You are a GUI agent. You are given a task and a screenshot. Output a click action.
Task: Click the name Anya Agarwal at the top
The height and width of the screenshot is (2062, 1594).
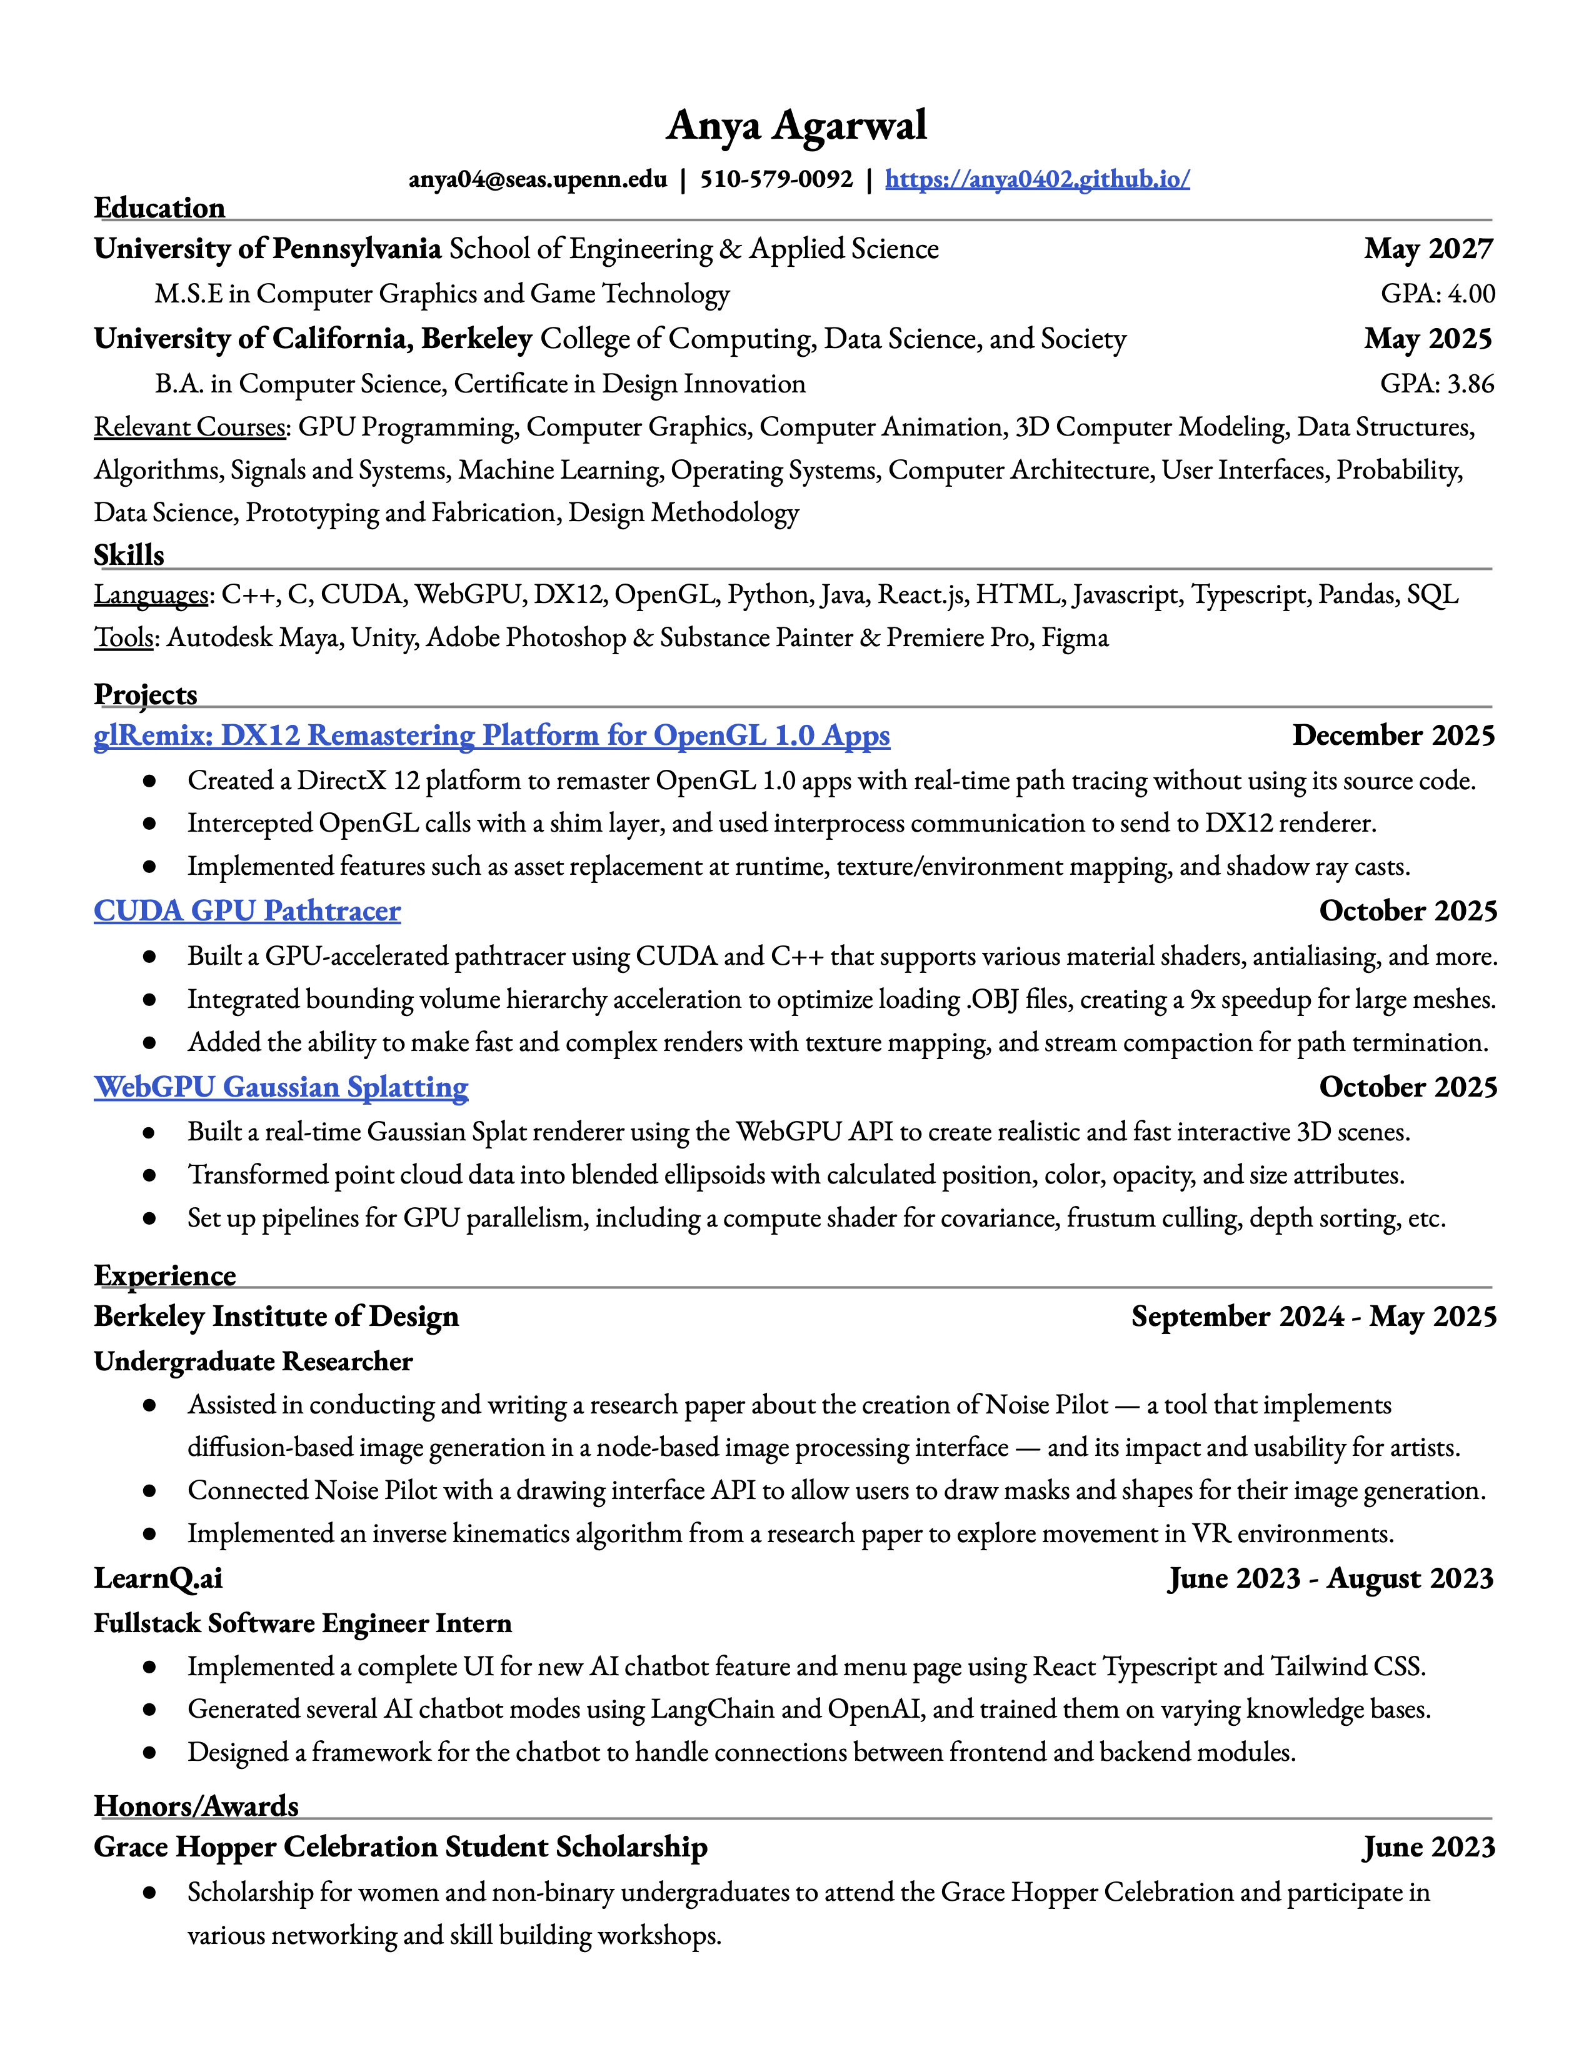coord(796,126)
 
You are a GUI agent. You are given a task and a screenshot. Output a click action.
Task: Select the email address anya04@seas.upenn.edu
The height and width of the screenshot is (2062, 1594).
coord(538,179)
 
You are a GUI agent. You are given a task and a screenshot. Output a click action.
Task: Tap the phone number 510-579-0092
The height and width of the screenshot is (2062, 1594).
coord(776,179)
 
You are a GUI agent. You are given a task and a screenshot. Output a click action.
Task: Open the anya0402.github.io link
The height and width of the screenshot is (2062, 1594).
coord(1037,179)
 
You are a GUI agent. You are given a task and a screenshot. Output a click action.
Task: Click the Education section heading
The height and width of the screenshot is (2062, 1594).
coord(159,207)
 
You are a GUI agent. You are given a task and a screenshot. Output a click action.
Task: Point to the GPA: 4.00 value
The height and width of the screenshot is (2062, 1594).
coord(1437,294)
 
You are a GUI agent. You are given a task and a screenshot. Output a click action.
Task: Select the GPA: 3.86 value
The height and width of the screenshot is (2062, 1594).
coord(1437,383)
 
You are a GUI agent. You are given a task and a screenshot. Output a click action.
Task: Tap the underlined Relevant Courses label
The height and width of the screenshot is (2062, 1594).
coord(191,427)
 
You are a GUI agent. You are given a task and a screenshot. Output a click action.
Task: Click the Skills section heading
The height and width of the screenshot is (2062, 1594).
coord(129,555)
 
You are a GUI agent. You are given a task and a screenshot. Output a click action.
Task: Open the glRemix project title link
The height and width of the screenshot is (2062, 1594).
coord(491,735)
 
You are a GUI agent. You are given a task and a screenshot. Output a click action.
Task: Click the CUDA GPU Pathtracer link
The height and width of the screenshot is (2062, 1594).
coord(248,910)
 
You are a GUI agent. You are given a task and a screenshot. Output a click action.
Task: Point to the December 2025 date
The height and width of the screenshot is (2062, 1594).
coord(1393,735)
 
